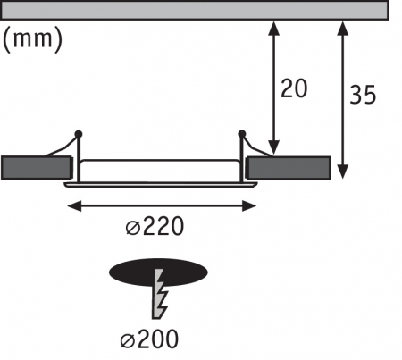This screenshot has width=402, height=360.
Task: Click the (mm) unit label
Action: (x=33, y=39)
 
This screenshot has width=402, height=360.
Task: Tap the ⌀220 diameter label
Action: (x=155, y=227)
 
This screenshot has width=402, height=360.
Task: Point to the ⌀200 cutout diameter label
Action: (x=147, y=339)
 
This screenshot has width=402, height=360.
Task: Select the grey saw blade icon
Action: (x=161, y=293)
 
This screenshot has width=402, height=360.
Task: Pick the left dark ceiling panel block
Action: (x=37, y=167)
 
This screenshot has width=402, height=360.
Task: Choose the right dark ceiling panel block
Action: (x=288, y=167)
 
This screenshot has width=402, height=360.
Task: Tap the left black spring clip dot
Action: (x=80, y=134)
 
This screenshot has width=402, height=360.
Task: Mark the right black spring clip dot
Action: (x=241, y=135)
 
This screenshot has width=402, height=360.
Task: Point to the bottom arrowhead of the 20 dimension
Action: (x=272, y=147)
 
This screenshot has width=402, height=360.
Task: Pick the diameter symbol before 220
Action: (x=131, y=228)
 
